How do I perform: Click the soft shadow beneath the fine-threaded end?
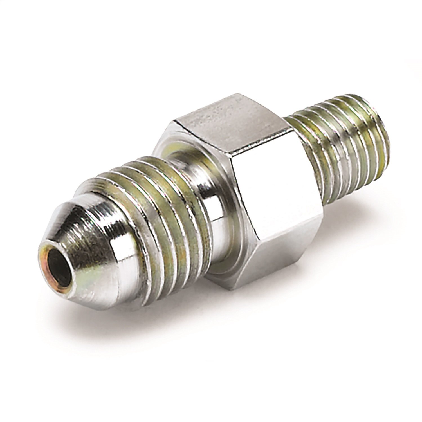[352, 203]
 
